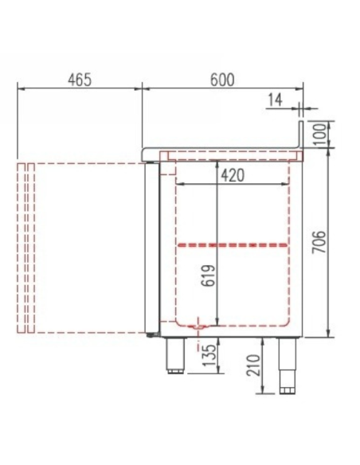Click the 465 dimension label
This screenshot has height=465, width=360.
(80, 80)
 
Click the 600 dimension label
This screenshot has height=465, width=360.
(222, 80)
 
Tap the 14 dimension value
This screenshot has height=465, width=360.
(276, 100)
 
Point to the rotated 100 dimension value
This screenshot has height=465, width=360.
(319, 134)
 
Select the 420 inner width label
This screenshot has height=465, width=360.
(233, 175)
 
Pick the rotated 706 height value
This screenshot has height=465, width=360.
(319, 242)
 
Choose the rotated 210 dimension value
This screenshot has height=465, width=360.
(253, 365)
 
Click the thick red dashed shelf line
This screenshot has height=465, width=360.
(233, 245)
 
